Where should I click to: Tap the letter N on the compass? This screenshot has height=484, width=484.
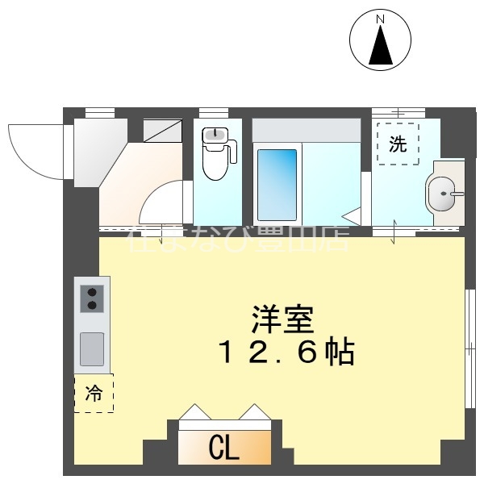point(381,19)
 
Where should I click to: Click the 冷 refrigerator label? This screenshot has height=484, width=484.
point(94,394)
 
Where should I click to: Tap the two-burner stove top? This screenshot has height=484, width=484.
point(91,298)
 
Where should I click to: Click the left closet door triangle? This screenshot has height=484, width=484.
point(194,412)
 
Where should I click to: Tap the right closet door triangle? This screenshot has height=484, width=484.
point(252,412)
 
